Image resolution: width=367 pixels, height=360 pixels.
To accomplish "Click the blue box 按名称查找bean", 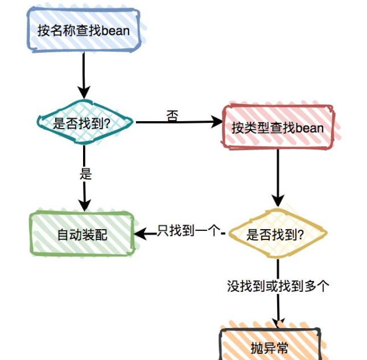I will click(x=84, y=30).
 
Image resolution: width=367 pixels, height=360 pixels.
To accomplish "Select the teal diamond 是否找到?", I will click(x=84, y=122).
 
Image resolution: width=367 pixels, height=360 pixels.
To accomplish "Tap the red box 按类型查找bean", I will click(x=278, y=127).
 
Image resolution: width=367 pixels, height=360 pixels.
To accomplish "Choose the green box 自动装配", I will click(x=82, y=234).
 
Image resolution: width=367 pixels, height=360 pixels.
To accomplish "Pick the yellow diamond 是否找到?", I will click(x=278, y=234).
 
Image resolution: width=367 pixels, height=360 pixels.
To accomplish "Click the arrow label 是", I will click(x=85, y=174).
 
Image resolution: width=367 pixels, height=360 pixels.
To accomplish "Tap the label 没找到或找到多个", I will click(x=277, y=286).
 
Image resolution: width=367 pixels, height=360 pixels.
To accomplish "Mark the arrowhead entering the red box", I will click(x=216, y=122).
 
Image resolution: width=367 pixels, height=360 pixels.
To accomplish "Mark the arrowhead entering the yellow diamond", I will click(x=278, y=201).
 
